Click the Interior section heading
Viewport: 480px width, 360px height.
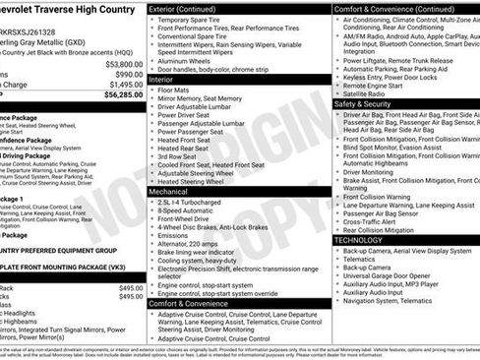tap(163, 82)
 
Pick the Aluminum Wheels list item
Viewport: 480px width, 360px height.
tap(187, 60)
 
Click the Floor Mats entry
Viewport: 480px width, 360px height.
tap(176, 91)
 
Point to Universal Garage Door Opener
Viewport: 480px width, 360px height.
tap(394, 274)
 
